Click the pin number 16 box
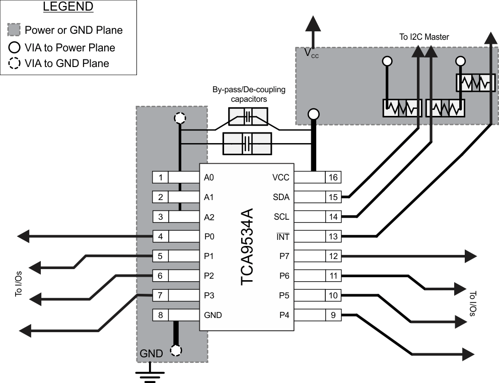click(x=333, y=177)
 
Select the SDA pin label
click(x=281, y=197)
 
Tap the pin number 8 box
click(x=160, y=315)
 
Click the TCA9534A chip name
click(x=248, y=246)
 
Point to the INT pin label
click(x=283, y=236)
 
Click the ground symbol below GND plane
click(x=149, y=375)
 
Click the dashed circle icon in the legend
click(x=15, y=63)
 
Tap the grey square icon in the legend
click(x=15, y=30)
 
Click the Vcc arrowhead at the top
click(x=313, y=24)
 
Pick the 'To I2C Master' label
click(x=424, y=36)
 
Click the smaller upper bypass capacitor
click(x=247, y=117)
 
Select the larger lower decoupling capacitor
click(x=247, y=142)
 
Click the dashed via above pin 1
click(x=179, y=119)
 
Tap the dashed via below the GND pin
click(x=176, y=350)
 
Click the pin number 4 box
click(x=160, y=236)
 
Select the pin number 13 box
click(x=333, y=236)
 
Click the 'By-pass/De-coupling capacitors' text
click(x=248, y=94)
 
